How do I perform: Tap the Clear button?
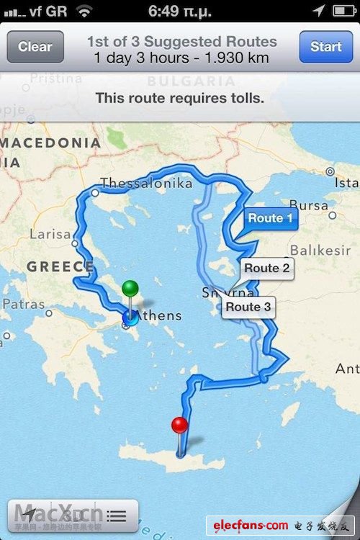click(35, 47)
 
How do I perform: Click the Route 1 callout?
click(270, 217)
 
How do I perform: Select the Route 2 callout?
click(266, 268)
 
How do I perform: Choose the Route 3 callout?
click(248, 307)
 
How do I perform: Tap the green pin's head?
click(130, 289)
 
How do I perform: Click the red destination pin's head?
click(179, 425)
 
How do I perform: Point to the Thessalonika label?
click(146, 184)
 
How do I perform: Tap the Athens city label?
click(160, 315)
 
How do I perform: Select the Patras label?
click(23, 305)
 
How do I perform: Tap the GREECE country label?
click(60, 267)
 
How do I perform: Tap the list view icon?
click(116, 516)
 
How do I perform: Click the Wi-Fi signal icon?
click(84, 11)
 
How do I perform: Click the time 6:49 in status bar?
click(169, 11)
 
